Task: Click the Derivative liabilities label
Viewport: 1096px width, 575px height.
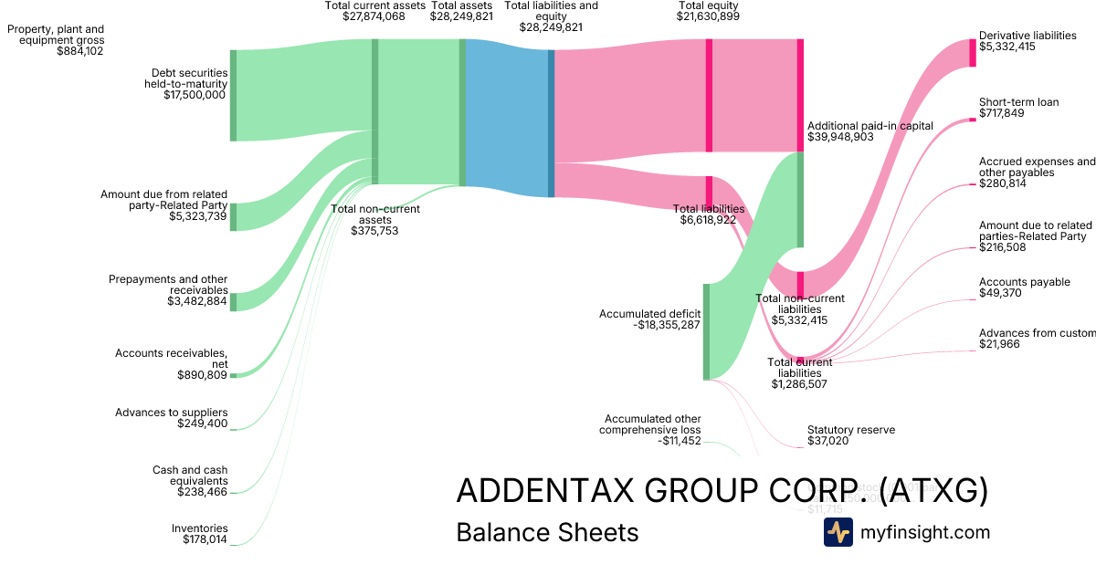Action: [1027, 36]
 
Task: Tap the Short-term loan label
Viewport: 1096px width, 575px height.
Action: [1018, 102]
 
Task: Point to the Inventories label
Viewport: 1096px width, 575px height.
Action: [200, 528]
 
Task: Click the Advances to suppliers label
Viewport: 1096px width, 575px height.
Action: [172, 413]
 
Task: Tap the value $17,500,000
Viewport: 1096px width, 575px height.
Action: [195, 94]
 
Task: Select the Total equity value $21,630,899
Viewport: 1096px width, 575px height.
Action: [708, 16]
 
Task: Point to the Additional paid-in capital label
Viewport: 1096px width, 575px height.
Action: [869, 126]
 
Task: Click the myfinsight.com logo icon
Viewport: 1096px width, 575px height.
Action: [838, 532]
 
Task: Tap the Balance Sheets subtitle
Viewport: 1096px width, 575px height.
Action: [547, 532]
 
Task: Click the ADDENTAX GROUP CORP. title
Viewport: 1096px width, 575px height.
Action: [722, 491]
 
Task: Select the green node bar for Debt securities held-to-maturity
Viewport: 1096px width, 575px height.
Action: [233, 96]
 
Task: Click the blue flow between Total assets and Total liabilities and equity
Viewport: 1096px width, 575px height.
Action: [507, 117]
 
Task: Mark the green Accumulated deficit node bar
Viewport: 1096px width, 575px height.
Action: [706, 331]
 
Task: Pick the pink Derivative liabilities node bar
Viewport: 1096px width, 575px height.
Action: [972, 53]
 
